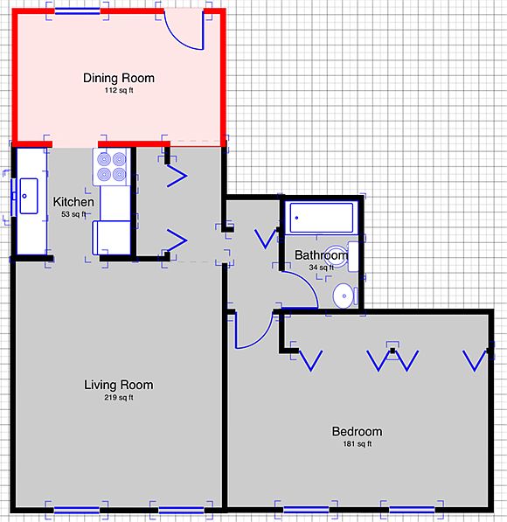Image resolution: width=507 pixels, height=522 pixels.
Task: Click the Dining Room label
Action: pyautogui.click(x=118, y=78)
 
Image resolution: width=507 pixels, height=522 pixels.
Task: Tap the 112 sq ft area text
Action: pyautogui.click(x=118, y=90)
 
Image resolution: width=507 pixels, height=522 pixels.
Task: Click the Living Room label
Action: pyautogui.click(x=118, y=385)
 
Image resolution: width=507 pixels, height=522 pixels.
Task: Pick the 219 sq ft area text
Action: pyautogui.click(x=118, y=398)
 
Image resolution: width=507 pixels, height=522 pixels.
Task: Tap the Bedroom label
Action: pyautogui.click(x=357, y=431)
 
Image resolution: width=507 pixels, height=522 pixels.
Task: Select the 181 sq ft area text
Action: pyautogui.click(x=357, y=444)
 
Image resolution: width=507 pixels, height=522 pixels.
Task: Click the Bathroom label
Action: pyautogui.click(x=321, y=255)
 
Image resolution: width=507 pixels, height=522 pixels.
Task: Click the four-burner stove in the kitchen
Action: pyautogui.click(x=112, y=166)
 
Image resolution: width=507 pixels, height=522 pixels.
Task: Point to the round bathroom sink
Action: pyautogui.click(x=344, y=295)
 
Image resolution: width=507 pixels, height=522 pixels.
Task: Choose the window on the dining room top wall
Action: pyautogui.click(x=79, y=12)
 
